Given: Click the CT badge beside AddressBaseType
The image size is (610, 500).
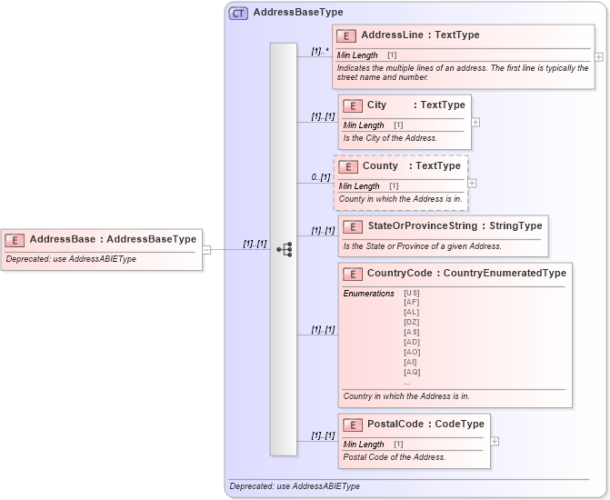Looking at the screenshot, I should pyautogui.click(x=238, y=13).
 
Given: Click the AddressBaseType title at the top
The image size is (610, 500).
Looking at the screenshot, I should pyautogui.click(x=298, y=13).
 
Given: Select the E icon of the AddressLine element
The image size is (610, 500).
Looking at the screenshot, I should pyautogui.click(x=345, y=35).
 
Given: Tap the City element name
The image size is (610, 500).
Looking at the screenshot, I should pyautogui.click(x=376, y=105).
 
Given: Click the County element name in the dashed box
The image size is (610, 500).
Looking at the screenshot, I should pyautogui.click(x=380, y=166).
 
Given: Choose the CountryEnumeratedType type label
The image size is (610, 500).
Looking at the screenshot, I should pyautogui.click(x=505, y=273).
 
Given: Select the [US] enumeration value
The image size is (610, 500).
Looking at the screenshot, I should pyautogui.click(x=412, y=293).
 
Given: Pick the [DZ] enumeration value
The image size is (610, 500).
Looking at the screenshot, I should pyautogui.click(x=412, y=322).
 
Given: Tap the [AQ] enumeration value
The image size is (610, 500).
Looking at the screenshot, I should pyautogui.click(x=412, y=372).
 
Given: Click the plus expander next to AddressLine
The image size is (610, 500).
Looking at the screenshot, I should pyautogui.click(x=598, y=56).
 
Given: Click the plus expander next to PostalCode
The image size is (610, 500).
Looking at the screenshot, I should pyautogui.click(x=495, y=441).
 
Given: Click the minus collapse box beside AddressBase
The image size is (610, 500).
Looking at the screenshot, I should pyautogui.click(x=207, y=249).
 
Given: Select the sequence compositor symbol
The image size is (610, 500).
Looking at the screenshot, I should pyautogui.click(x=284, y=249).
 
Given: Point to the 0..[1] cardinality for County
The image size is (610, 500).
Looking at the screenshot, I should pyautogui.click(x=319, y=176).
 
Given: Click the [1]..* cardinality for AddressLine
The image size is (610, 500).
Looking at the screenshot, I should pyautogui.click(x=318, y=51).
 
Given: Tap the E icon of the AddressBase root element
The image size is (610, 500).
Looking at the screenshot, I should pyautogui.click(x=15, y=240).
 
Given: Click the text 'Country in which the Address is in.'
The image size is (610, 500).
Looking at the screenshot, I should pyautogui.click(x=406, y=396).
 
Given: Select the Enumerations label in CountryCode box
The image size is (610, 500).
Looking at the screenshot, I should pyautogui.click(x=368, y=294).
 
